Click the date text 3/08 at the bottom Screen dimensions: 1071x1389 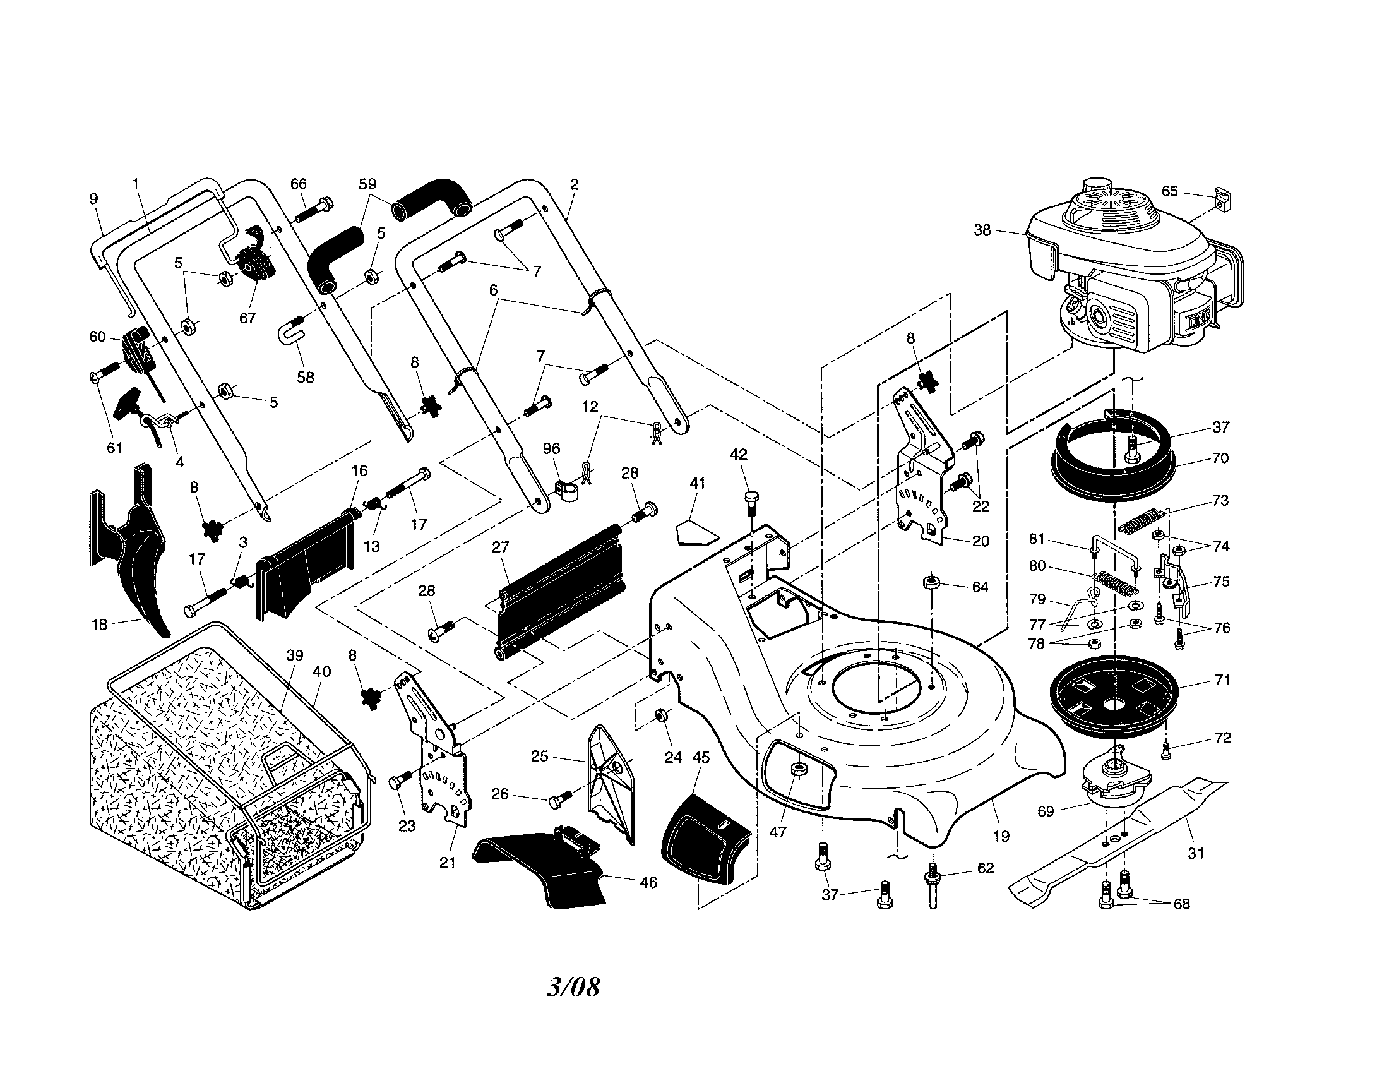(573, 986)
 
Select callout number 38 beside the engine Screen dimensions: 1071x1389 (982, 230)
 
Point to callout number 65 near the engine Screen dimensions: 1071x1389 (1169, 191)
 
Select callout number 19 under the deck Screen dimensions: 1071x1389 (1001, 836)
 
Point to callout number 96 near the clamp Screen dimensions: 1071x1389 (551, 448)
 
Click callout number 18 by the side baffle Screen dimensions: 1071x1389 (99, 625)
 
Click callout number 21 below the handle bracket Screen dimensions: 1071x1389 (448, 863)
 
